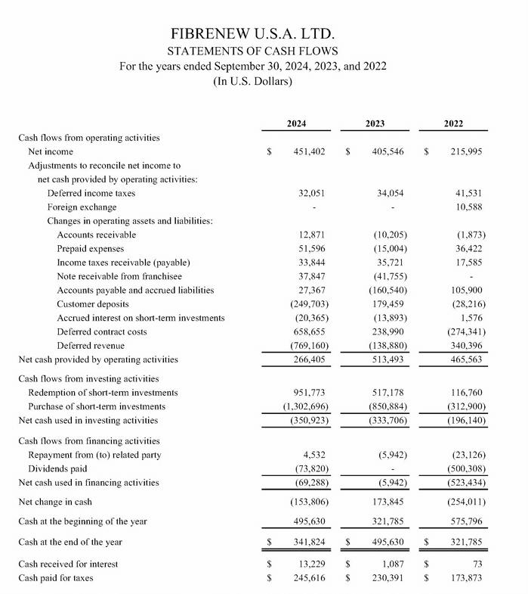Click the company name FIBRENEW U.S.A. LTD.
click(252, 34)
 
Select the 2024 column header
click(297, 123)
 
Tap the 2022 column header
click(454, 123)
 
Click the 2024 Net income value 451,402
click(309, 152)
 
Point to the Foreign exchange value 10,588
click(468, 207)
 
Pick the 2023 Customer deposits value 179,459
click(388, 303)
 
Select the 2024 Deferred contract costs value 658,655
click(309, 331)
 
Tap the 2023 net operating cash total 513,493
click(388, 359)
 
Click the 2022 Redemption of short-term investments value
click(467, 392)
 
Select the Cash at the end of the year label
click(69, 542)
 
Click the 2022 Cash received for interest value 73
click(477, 564)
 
